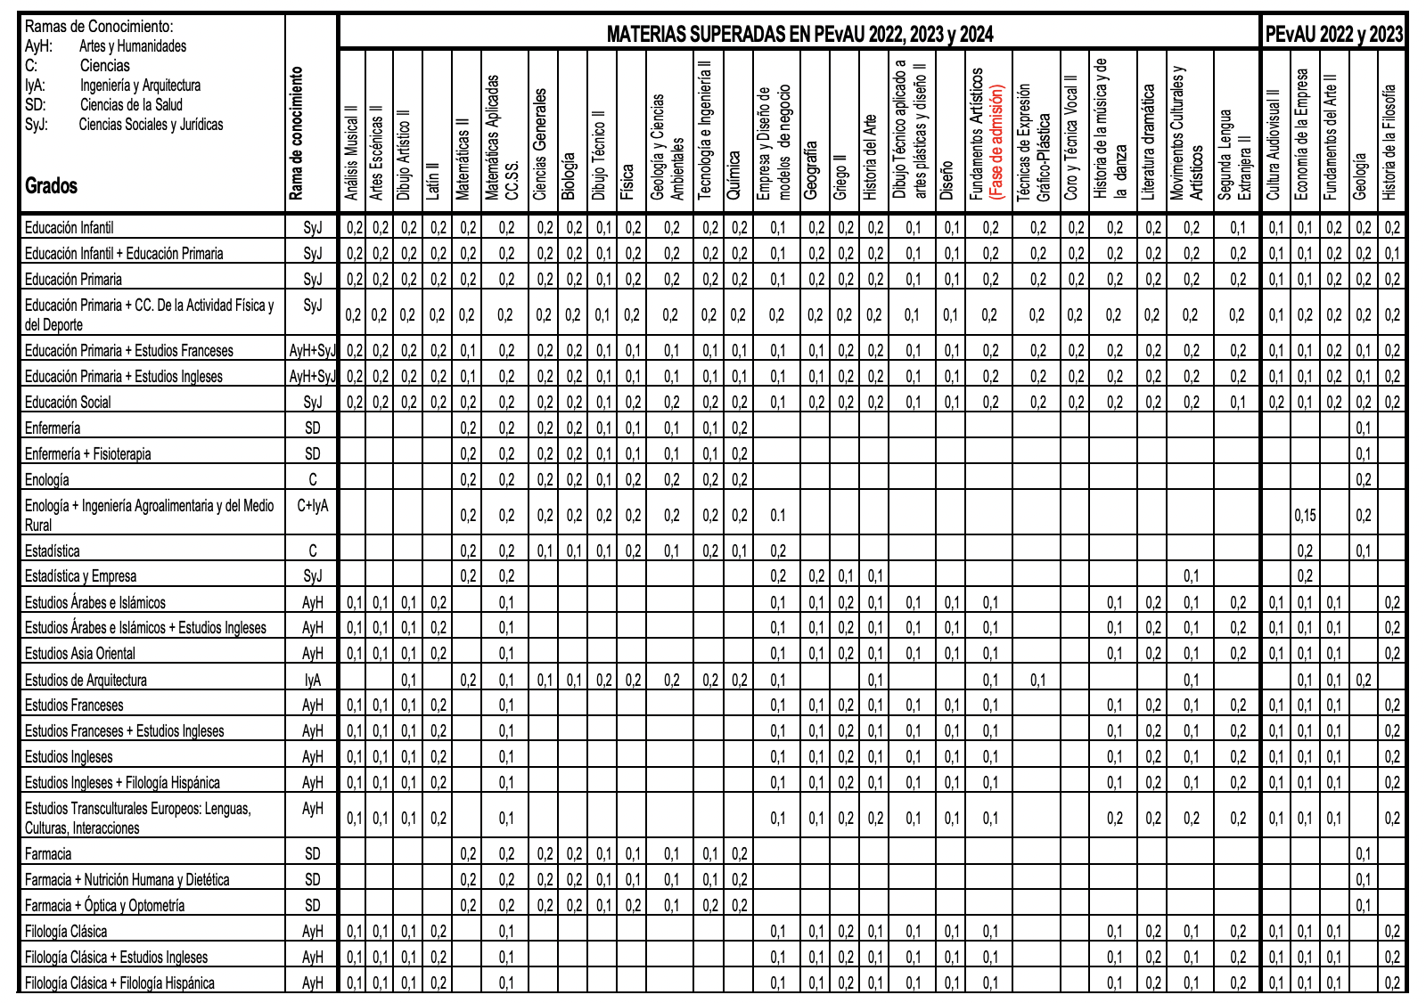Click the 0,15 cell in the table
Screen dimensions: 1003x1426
click(1305, 515)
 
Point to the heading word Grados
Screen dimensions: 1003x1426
click(51, 186)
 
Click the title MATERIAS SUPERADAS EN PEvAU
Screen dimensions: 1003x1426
click(799, 35)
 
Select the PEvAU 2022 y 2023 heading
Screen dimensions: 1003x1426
click(1333, 35)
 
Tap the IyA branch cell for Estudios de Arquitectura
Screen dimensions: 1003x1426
click(312, 680)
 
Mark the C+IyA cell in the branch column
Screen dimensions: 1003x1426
click(312, 506)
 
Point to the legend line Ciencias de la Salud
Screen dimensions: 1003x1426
click(131, 105)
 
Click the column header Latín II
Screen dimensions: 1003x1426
click(433, 179)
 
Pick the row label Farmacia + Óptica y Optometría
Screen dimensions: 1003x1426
click(105, 905)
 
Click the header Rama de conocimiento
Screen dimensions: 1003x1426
click(297, 134)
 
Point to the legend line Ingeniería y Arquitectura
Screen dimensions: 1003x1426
click(140, 86)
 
